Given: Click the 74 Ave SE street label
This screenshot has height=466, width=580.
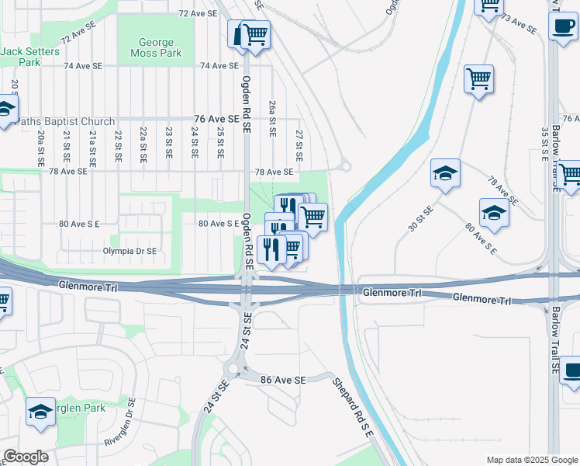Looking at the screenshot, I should pyautogui.click(x=219, y=66).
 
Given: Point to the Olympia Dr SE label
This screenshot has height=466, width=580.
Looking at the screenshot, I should pyautogui.click(x=129, y=251).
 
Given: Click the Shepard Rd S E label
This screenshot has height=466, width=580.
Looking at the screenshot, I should pyautogui.click(x=354, y=406).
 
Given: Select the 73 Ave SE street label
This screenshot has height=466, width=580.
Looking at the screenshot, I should pyautogui.click(x=520, y=24).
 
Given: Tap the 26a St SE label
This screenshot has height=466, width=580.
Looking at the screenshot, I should pyautogui.click(x=272, y=118).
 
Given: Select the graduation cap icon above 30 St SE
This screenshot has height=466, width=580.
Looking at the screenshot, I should pyautogui.click(x=446, y=173).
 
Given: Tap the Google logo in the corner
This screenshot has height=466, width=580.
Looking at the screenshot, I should pyautogui.click(x=26, y=457).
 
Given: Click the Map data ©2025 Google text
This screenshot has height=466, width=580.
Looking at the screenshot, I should pyautogui.click(x=532, y=459).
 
